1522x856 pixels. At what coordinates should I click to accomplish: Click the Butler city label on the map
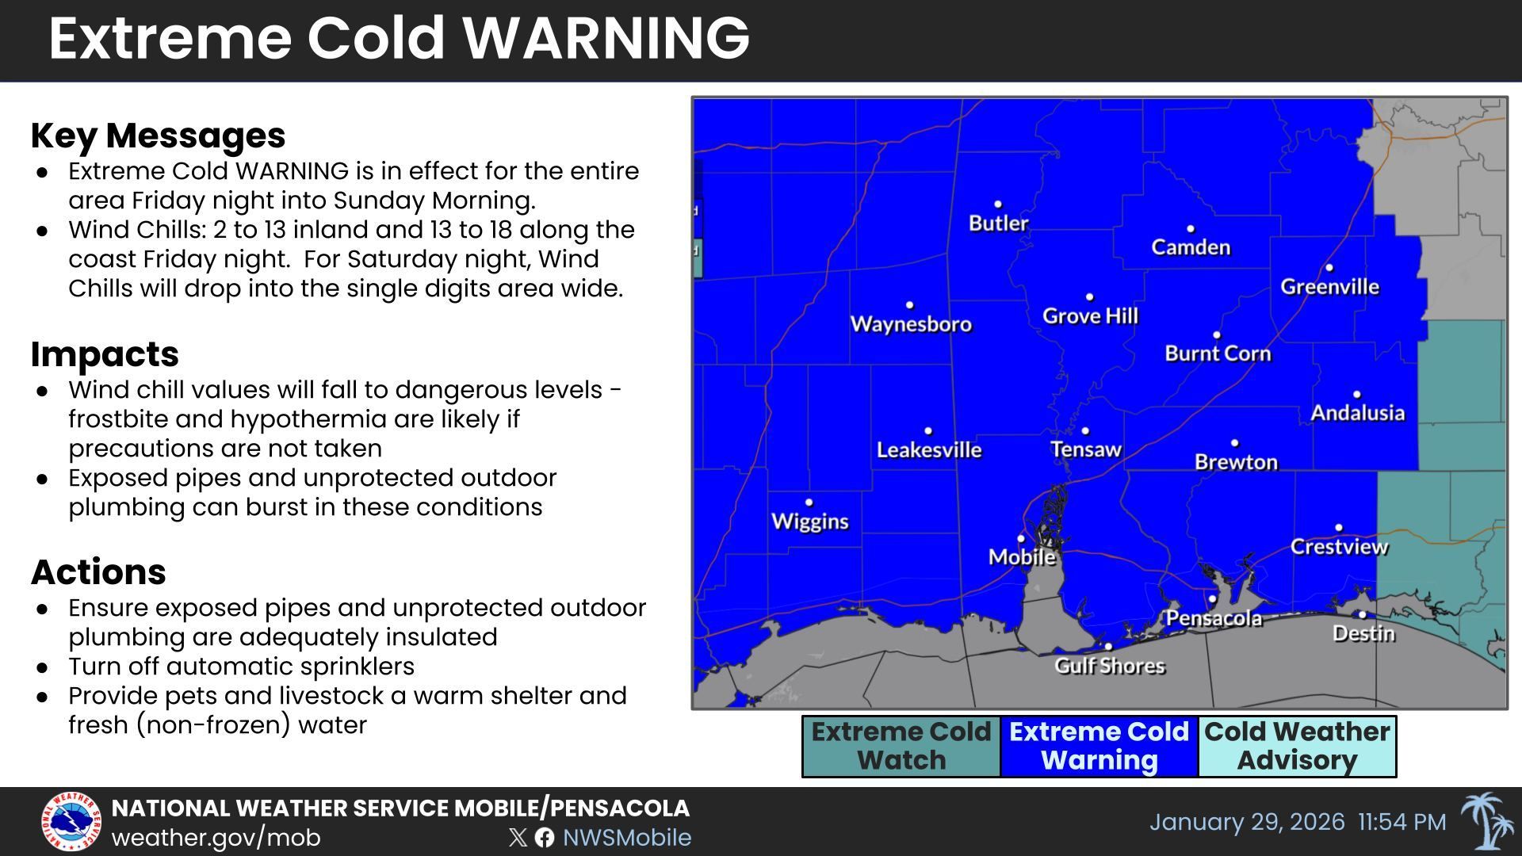pyautogui.click(x=998, y=224)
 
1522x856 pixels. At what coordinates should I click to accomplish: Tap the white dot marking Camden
pyautogui.click(x=1190, y=229)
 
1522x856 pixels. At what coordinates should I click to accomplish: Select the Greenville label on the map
pyautogui.click(x=1329, y=287)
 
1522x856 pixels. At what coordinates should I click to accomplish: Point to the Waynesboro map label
pyautogui.click(x=910, y=324)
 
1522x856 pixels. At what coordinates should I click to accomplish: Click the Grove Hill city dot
pyautogui.click(x=1090, y=297)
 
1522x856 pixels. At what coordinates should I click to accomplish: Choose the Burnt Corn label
pyautogui.click(x=1217, y=353)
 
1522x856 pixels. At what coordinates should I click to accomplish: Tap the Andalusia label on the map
pyautogui.click(x=1357, y=413)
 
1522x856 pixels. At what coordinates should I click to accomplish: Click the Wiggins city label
pyautogui.click(x=809, y=522)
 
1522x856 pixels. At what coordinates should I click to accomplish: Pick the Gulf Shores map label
pyautogui.click(x=1109, y=666)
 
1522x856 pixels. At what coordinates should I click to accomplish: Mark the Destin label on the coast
pyautogui.click(x=1363, y=633)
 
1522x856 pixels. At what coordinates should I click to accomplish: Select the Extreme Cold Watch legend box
pyautogui.click(x=901, y=746)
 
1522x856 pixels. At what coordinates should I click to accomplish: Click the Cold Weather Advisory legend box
pyautogui.click(x=1297, y=746)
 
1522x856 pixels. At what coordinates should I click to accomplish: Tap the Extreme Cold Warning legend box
pyautogui.click(x=1099, y=746)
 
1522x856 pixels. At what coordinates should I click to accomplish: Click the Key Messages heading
pyautogui.click(x=158, y=136)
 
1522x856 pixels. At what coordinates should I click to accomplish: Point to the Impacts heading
pyautogui.click(x=105, y=354)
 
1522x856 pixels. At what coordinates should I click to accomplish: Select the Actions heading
pyautogui.click(x=98, y=572)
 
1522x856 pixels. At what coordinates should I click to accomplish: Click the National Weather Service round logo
pyautogui.click(x=71, y=822)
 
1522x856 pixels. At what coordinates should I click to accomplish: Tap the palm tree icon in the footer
pyautogui.click(x=1487, y=821)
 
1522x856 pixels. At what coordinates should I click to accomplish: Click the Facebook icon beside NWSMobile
pyautogui.click(x=545, y=838)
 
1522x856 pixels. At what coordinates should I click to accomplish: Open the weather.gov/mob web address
pyautogui.click(x=216, y=838)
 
